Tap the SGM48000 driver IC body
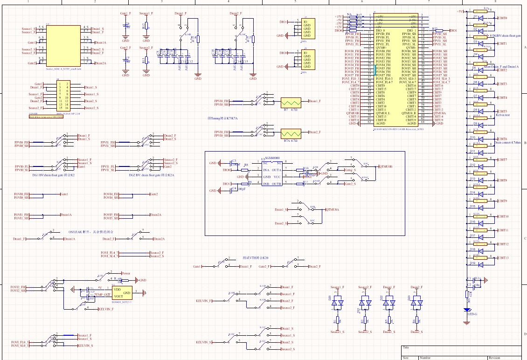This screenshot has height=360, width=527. (x=272, y=173)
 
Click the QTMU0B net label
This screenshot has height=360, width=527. (x=386, y=166)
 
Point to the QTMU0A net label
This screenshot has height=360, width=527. (x=333, y=210)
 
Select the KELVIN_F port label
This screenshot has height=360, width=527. (x=105, y=309)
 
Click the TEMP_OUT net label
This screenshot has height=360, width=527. (x=102, y=295)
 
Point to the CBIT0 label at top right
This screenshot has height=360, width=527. (x=502, y=18)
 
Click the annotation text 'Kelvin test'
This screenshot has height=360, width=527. (x=501, y=115)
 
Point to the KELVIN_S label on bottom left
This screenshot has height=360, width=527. (x=85, y=346)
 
